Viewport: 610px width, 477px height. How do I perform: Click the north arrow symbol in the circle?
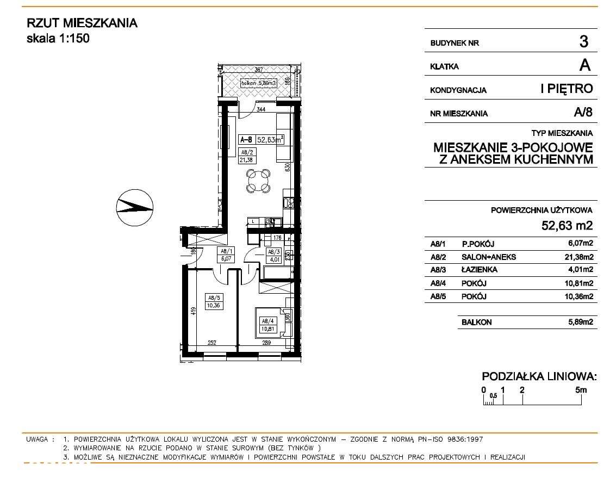click(x=135, y=206)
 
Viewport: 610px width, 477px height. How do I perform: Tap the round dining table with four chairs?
click(x=258, y=181)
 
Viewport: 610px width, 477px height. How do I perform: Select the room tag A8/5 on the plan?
click(x=213, y=301)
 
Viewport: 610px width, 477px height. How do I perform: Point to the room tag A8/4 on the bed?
click(x=266, y=325)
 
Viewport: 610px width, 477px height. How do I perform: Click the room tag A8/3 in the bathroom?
click(x=272, y=256)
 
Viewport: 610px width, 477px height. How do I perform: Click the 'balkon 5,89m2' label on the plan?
click(x=259, y=83)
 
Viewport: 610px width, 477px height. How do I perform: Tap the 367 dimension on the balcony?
click(x=259, y=70)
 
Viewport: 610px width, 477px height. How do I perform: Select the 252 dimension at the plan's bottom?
click(x=212, y=343)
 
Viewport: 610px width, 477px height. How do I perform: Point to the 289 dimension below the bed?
click(x=267, y=343)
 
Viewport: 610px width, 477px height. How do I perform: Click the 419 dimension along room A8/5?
click(x=192, y=312)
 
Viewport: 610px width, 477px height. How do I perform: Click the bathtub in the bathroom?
click(x=278, y=271)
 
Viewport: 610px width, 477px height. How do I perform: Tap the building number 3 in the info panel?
click(x=584, y=41)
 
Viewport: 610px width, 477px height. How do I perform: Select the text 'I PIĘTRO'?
click(x=567, y=89)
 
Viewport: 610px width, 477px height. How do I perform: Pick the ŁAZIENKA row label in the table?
click(x=479, y=270)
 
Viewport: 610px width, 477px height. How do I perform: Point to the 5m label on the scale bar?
click(x=581, y=389)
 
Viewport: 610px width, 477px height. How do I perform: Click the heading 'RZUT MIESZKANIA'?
click(x=82, y=23)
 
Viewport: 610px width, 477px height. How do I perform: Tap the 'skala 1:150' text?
click(x=58, y=39)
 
